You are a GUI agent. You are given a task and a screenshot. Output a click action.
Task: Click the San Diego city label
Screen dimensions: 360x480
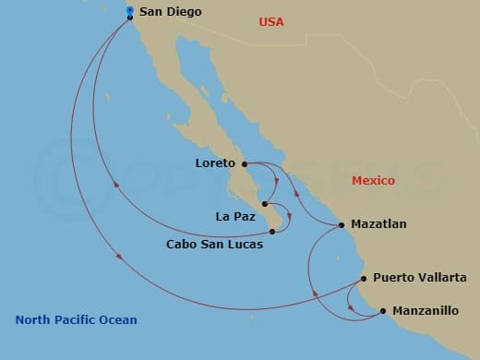[x=171, y=13]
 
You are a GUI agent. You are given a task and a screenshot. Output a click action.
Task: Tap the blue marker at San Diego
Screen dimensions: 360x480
[x=129, y=12]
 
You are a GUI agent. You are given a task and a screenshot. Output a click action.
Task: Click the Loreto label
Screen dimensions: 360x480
[x=216, y=163]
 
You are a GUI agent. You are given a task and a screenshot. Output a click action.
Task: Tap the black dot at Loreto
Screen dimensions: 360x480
[x=245, y=164]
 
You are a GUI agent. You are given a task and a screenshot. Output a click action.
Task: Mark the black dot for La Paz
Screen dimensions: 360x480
[x=265, y=204]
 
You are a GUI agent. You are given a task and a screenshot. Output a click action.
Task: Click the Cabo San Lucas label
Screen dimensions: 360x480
[x=214, y=245]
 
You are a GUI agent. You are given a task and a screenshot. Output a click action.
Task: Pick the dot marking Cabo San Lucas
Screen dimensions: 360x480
[x=271, y=232]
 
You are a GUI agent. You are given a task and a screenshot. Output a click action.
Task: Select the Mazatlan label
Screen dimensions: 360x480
[x=378, y=223]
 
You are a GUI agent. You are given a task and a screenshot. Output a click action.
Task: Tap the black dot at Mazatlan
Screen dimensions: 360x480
[x=342, y=224]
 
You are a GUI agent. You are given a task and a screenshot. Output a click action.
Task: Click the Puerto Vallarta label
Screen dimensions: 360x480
[x=420, y=277]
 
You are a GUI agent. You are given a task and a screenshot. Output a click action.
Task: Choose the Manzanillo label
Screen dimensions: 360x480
[x=426, y=311]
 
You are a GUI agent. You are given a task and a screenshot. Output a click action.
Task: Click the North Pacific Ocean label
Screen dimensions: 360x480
[x=76, y=320]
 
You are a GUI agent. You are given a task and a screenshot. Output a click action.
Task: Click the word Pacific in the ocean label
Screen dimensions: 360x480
[x=77, y=320]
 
